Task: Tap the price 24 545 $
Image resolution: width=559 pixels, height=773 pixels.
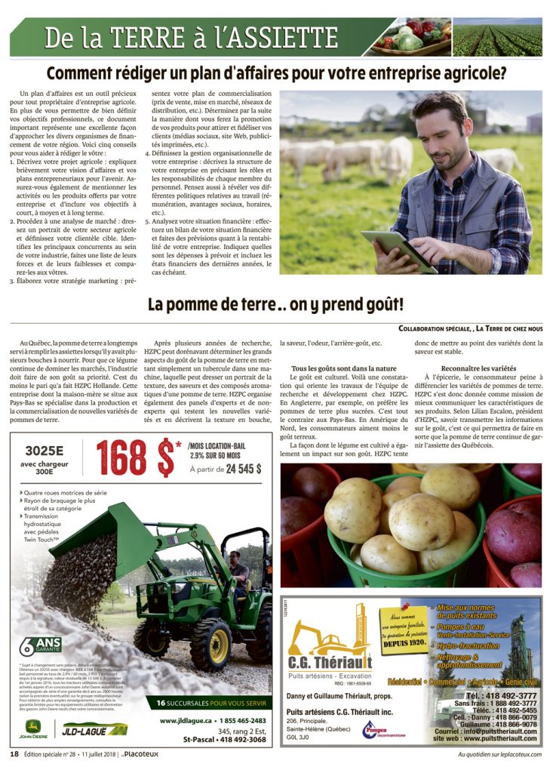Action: (x=236, y=468)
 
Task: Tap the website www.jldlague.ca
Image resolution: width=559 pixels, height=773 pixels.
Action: (x=192, y=720)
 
